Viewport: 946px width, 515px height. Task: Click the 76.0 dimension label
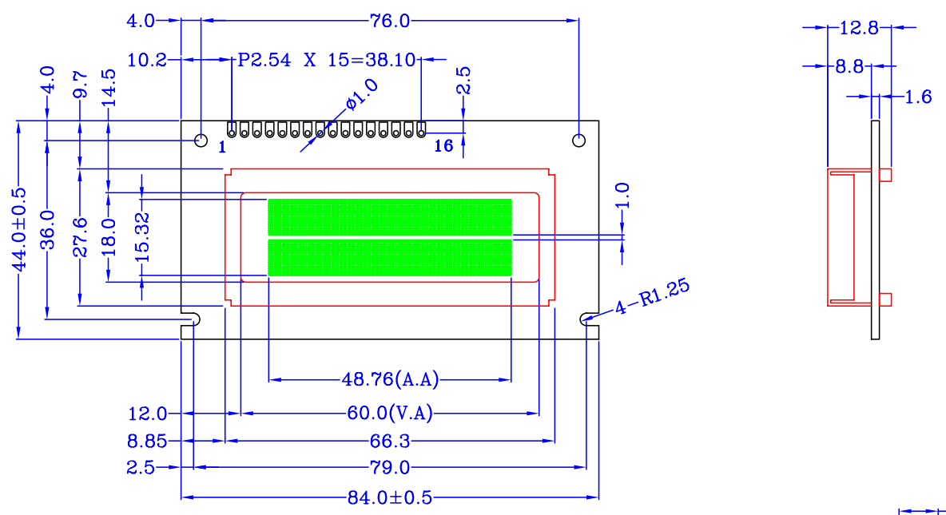pos(390,21)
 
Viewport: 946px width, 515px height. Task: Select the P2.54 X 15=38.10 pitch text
pos(327,60)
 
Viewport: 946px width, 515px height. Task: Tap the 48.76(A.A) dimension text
pos(390,379)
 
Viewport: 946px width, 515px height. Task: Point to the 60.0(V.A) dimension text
pos(390,413)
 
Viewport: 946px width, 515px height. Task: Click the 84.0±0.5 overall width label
pos(390,497)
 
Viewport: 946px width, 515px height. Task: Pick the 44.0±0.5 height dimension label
pos(19,229)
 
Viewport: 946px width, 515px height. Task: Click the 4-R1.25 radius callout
pos(652,297)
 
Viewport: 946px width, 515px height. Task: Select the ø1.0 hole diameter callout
pos(362,95)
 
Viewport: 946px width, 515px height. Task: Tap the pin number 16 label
pos(443,146)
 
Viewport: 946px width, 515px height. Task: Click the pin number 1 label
pos(222,147)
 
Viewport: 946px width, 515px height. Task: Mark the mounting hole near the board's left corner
pos(201,141)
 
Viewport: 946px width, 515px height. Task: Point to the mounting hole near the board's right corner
pos(578,141)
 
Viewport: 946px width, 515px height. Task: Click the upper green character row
pos(390,217)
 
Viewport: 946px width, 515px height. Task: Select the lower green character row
pos(390,258)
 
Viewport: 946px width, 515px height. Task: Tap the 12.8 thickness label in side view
pos(859,28)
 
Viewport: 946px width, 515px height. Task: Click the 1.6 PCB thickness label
pos(919,97)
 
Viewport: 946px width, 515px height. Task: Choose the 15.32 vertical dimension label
pos(142,237)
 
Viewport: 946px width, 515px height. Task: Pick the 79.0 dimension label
pos(390,467)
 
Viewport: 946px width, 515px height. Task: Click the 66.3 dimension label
pos(390,441)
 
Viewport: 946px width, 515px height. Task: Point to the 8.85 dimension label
pos(146,441)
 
